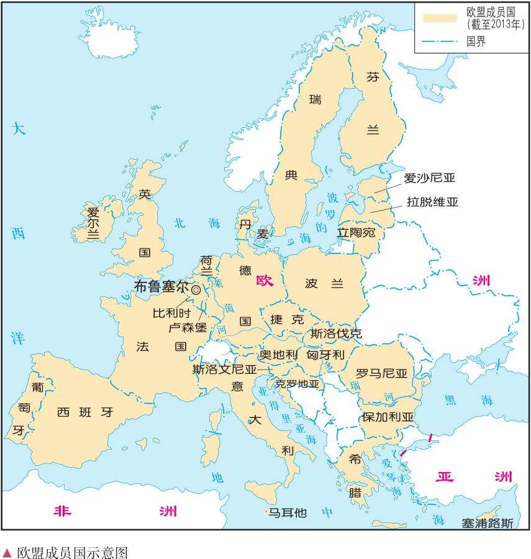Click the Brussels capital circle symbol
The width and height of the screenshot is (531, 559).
click(196, 289)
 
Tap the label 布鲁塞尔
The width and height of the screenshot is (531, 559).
click(161, 287)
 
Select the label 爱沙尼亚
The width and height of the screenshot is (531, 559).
click(429, 178)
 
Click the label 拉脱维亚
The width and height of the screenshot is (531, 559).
click(432, 202)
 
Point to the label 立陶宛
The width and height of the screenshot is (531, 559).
click(356, 233)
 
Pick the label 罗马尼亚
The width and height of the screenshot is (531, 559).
click(381, 373)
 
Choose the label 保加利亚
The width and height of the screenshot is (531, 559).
click(388, 416)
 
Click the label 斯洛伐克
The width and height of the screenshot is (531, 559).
click(336, 333)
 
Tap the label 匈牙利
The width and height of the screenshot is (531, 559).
click(325, 355)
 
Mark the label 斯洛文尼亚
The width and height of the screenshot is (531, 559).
click(224, 369)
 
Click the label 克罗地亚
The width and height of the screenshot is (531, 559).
click(297, 384)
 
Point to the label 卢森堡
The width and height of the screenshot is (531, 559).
click(188, 327)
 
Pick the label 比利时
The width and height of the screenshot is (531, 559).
click(172, 313)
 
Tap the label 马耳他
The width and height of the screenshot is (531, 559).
click(287, 513)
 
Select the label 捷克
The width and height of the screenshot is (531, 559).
click(287, 320)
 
